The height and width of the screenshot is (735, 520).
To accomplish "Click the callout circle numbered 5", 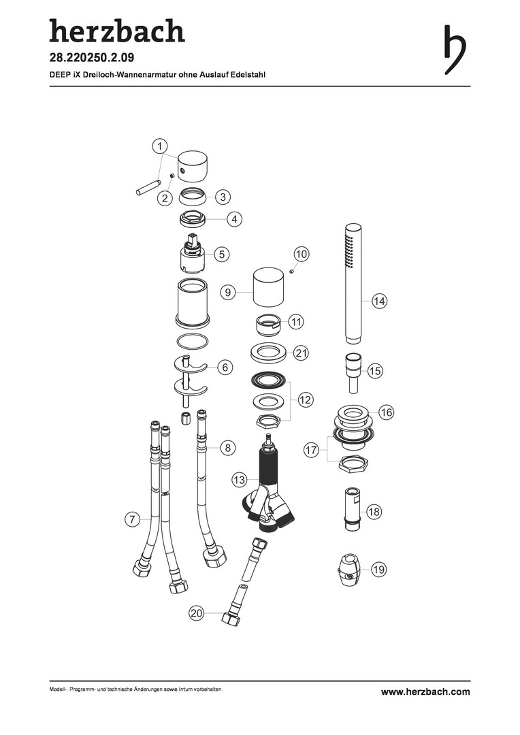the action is coord(222,255).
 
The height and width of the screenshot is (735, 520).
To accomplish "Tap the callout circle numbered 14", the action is coord(379,301).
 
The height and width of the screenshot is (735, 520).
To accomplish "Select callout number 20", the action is coord(197,613).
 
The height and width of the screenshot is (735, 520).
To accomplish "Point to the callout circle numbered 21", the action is coord(301,353).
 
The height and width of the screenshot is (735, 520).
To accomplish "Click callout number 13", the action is coord(239,480).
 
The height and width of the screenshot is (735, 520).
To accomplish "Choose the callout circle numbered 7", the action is coord(132,519).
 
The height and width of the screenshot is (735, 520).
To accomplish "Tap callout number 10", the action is coord(302,255).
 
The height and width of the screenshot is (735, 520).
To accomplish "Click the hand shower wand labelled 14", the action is coord(353,283).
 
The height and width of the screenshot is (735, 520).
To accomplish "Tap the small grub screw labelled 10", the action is coord(291,270).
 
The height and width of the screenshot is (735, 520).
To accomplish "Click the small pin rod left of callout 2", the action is coord(148,186).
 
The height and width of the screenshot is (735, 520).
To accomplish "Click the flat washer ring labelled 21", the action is coord(269,353).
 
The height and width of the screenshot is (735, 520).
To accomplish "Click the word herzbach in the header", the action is coord(117,31).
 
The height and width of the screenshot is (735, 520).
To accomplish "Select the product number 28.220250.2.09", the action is coord(92,58).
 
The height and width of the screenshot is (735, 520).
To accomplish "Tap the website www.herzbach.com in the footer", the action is coord(425,692).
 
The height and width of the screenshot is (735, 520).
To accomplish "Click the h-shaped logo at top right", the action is coord(454,49).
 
